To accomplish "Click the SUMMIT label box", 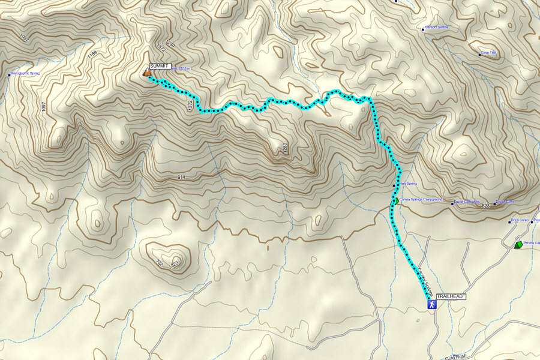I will tap(160, 65).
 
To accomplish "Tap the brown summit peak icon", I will tap(146, 73).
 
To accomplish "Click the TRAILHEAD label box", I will tap(451, 296).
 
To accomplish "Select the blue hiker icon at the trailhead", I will tap(431, 305).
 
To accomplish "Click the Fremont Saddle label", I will tap(436, 27).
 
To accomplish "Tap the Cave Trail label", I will tap(489, 53).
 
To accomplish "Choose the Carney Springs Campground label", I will tap(421, 199).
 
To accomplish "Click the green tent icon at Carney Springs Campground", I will tap(395, 201).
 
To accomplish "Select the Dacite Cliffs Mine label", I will tap(467, 202).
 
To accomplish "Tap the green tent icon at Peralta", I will tap(518, 245).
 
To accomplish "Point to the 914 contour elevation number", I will tap(182, 177).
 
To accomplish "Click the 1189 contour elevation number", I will tap(92, 55).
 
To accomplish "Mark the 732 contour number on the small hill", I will tap(159, 263).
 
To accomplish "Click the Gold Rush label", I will tap(461, 356).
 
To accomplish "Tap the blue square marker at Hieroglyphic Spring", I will tap(10, 75).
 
